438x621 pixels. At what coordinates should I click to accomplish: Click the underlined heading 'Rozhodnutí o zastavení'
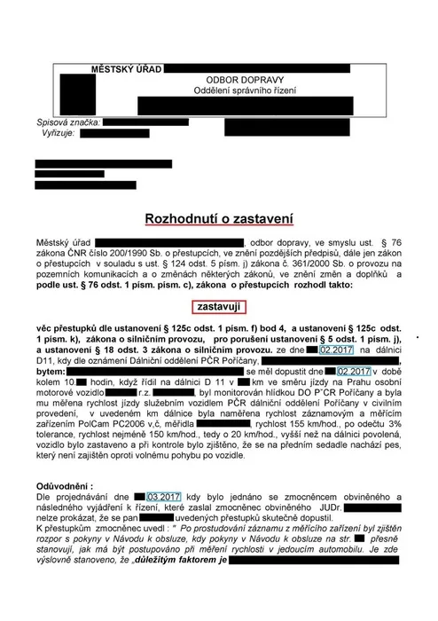coord(218,216)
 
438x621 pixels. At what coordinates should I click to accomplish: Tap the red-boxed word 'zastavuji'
coord(220,306)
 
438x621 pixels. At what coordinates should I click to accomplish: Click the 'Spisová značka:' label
coord(64,122)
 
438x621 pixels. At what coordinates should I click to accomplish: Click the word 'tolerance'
coord(59,434)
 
